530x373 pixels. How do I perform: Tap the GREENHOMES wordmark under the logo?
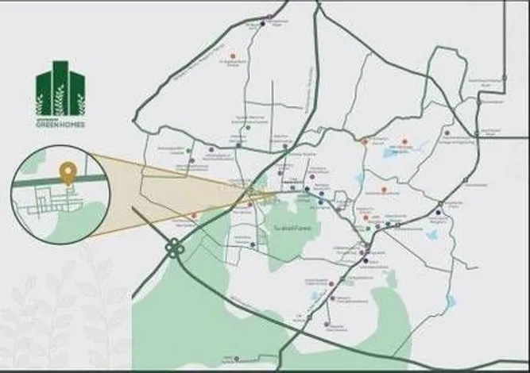click(x=60, y=125)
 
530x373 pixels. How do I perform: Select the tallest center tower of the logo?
click(x=60, y=83)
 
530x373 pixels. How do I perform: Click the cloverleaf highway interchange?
click(x=172, y=248)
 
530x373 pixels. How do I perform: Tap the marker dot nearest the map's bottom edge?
click(x=327, y=324)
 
